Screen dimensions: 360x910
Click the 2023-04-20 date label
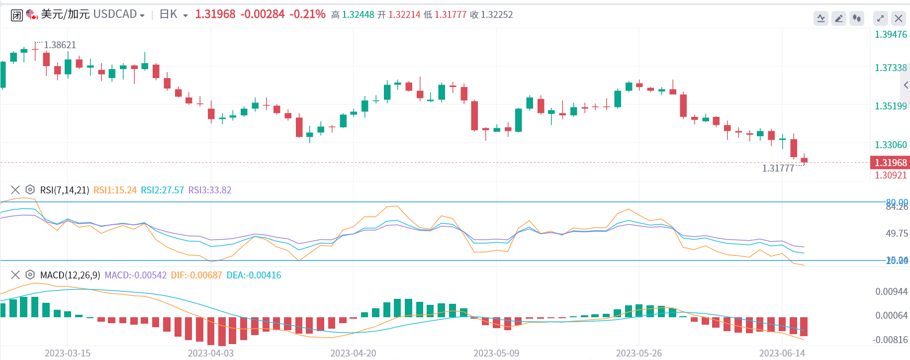(x=353, y=353)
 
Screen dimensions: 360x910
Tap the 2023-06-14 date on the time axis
(x=782, y=353)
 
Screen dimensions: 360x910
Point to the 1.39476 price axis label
(x=891, y=34)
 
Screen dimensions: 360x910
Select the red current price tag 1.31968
(x=890, y=163)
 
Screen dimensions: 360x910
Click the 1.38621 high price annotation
(x=60, y=45)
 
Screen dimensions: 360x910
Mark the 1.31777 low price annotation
(x=778, y=168)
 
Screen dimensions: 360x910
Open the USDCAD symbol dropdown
(x=142, y=15)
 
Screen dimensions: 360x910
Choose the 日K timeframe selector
(x=174, y=14)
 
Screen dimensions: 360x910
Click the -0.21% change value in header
(x=308, y=14)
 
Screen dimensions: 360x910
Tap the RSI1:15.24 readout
(x=115, y=190)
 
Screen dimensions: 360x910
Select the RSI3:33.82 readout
(x=209, y=190)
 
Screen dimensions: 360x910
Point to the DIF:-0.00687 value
(x=196, y=275)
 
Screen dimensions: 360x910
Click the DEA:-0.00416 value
(x=254, y=275)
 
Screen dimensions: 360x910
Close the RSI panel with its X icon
(x=15, y=190)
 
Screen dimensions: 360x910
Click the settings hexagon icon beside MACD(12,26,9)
(x=30, y=275)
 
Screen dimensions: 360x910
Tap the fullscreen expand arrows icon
(x=880, y=18)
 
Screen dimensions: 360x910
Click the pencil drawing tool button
(x=839, y=18)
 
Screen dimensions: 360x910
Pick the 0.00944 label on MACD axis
(x=891, y=291)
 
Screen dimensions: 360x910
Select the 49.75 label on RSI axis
(x=897, y=233)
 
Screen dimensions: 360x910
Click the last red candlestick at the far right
(x=804, y=160)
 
